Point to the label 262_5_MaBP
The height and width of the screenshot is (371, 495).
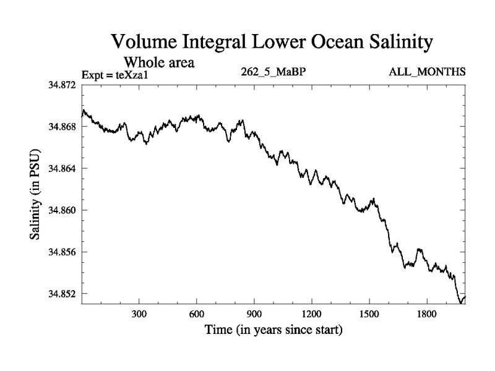(273, 72)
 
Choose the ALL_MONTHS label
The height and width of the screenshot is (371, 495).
(427, 72)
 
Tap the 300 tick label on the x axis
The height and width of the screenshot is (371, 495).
(139, 314)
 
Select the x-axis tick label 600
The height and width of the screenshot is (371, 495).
(197, 314)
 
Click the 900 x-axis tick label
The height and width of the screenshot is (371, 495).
(254, 314)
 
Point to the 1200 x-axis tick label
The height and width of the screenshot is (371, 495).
(311, 314)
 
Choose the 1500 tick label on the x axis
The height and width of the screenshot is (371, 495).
(369, 314)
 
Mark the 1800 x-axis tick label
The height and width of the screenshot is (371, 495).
(426, 314)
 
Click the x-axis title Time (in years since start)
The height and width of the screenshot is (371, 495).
(273, 330)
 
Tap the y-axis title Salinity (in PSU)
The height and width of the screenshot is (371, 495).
(35, 195)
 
